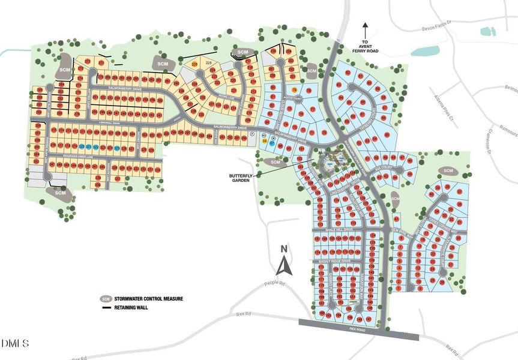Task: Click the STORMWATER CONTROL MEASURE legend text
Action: (149, 298)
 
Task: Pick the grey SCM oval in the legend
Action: (106, 298)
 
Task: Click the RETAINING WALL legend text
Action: (133, 308)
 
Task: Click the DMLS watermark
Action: (16, 344)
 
